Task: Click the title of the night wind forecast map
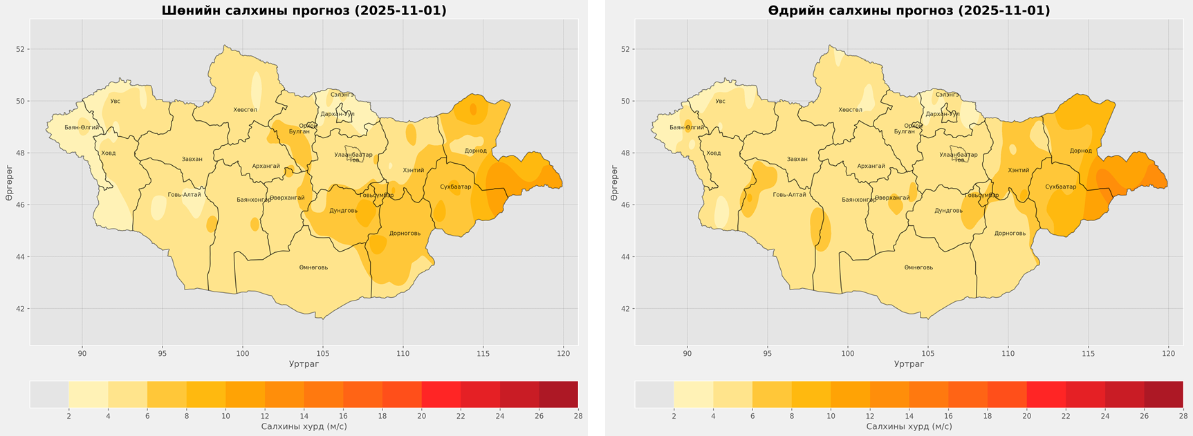point(304,10)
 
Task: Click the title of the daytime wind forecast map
point(909,10)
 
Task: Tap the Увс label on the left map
point(115,102)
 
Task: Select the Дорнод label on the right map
point(1080,151)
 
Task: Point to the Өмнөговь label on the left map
point(313,267)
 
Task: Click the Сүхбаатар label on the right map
point(1060,187)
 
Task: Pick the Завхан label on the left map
point(192,160)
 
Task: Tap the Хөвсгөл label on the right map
point(850,110)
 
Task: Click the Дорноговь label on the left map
point(405,234)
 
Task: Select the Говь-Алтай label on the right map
point(789,195)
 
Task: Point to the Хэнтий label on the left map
point(414,170)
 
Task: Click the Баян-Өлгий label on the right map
point(687,128)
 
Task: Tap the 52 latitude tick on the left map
point(21,49)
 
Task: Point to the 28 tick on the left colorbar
point(577,416)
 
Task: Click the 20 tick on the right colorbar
point(1026,416)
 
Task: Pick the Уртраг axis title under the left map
point(304,364)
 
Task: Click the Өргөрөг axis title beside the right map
point(614,183)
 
